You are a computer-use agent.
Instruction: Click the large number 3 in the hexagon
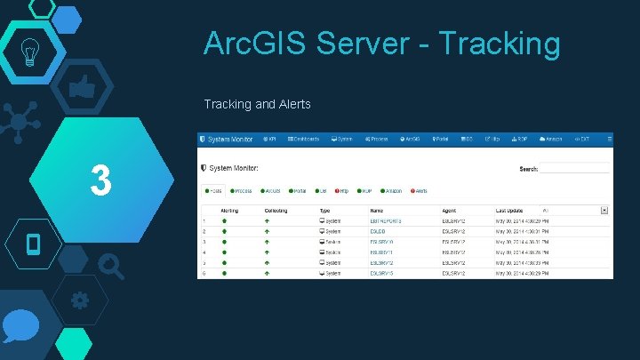click(100, 181)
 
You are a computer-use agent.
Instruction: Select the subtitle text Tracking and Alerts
click(257, 105)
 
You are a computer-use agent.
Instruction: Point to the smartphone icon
click(34, 243)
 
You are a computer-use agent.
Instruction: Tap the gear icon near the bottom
click(79, 300)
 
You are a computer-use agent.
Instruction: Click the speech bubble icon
click(20, 329)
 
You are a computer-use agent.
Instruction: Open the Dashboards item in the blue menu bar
click(303, 140)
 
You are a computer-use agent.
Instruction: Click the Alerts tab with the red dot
click(420, 190)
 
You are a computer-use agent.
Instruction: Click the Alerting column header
click(229, 211)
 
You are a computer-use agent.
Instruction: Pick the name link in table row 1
click(386, 220)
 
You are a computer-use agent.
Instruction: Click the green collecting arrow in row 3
click(267, 242)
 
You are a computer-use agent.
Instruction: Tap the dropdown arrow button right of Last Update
click(604, 211)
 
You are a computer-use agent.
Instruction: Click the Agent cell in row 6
click(454, 273)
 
